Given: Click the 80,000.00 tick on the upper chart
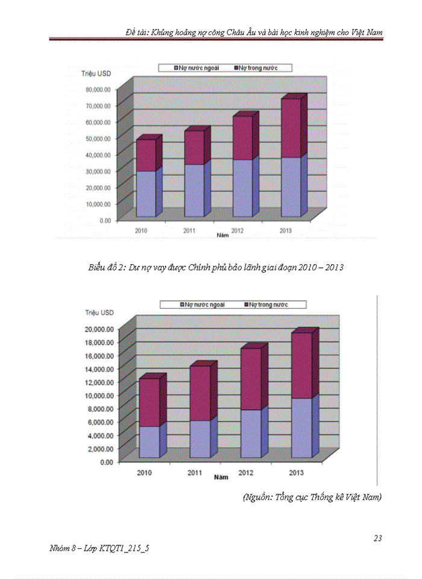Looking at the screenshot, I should pos(97,89).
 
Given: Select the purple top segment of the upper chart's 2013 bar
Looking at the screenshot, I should pos(292,128).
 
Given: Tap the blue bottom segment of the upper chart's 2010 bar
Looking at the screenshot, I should pos(145,194).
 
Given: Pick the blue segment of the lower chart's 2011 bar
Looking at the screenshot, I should pos(200,438).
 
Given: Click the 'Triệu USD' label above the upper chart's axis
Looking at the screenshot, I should pos(97,74).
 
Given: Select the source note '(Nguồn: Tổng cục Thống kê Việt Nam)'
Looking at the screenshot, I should pos(312,498).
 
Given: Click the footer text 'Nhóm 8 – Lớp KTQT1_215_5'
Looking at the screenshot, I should pos(100,548).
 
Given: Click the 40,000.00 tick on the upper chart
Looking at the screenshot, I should pos(97,155).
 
